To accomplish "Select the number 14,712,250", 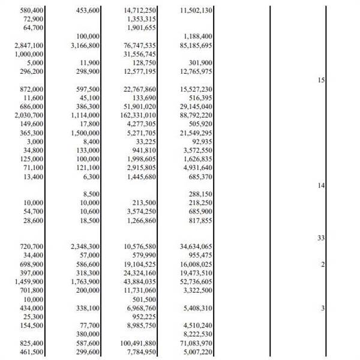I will tap(140, 11).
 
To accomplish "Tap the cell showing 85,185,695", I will tap(196, 45).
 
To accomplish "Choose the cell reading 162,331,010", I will tap(139, 115).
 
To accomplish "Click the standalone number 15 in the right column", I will tap(320, 80).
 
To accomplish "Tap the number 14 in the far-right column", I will tap(320, 186).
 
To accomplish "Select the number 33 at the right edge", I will tap(320, 238).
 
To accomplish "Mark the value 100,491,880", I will tap(139, 343).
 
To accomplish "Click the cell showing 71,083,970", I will tap(196, 343).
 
